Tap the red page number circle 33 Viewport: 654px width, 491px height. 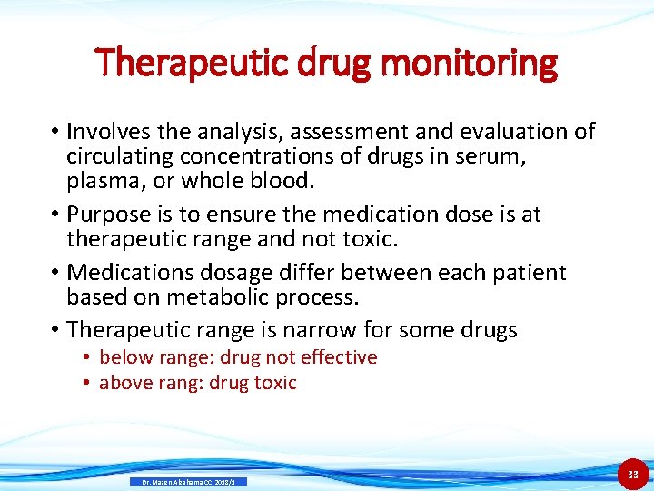[x=633, y=474]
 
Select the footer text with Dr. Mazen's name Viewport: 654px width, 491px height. [x=188, y=481]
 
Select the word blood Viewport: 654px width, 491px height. [x=279, y=181]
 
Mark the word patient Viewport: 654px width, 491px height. [x=527, y=273]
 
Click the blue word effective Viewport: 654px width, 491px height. [x=337, y=357]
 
